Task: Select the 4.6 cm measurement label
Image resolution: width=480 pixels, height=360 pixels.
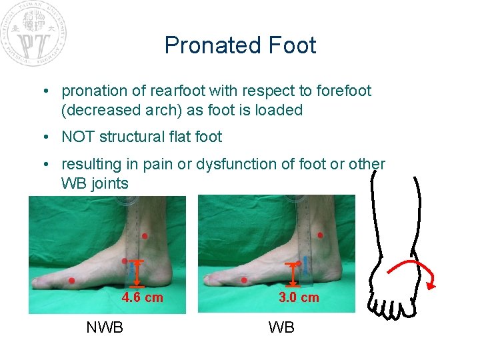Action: (142, 297)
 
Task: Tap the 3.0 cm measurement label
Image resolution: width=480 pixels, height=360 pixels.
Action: (299, 297)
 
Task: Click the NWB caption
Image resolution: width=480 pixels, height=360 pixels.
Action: (105, 327)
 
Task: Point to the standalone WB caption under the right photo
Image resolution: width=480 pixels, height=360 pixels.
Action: (281, 327)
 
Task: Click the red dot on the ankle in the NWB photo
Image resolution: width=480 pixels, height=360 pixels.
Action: (145, 237)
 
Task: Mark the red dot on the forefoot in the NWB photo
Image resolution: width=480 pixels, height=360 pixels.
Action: (72, 281)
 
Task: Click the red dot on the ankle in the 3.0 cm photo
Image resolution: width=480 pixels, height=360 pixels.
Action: (320, 235)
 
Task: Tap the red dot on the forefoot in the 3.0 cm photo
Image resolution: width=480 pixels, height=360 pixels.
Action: (244, 281)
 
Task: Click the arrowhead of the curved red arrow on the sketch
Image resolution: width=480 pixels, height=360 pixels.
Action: (432, 286)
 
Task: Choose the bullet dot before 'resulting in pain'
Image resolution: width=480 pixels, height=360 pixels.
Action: (51, 164)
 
